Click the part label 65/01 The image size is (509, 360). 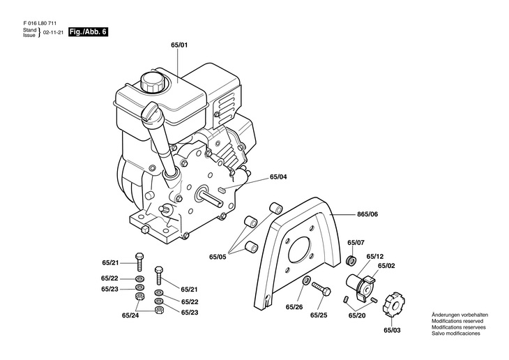click(x=179, y=45)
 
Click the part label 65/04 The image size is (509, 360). click(x=278, y=177)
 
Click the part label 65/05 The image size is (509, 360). click(x=218, y=257)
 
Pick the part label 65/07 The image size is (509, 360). click(x=356, y=243)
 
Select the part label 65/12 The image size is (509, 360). click(x=375, y=256)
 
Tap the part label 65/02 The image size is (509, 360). click(x=387, y=266)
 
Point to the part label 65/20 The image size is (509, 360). click(x=357, y=315)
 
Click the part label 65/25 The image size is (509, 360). click(x=319, y=315)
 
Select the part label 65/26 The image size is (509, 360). click(x=294, y=306)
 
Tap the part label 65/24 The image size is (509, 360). click(x=130, y=315)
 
